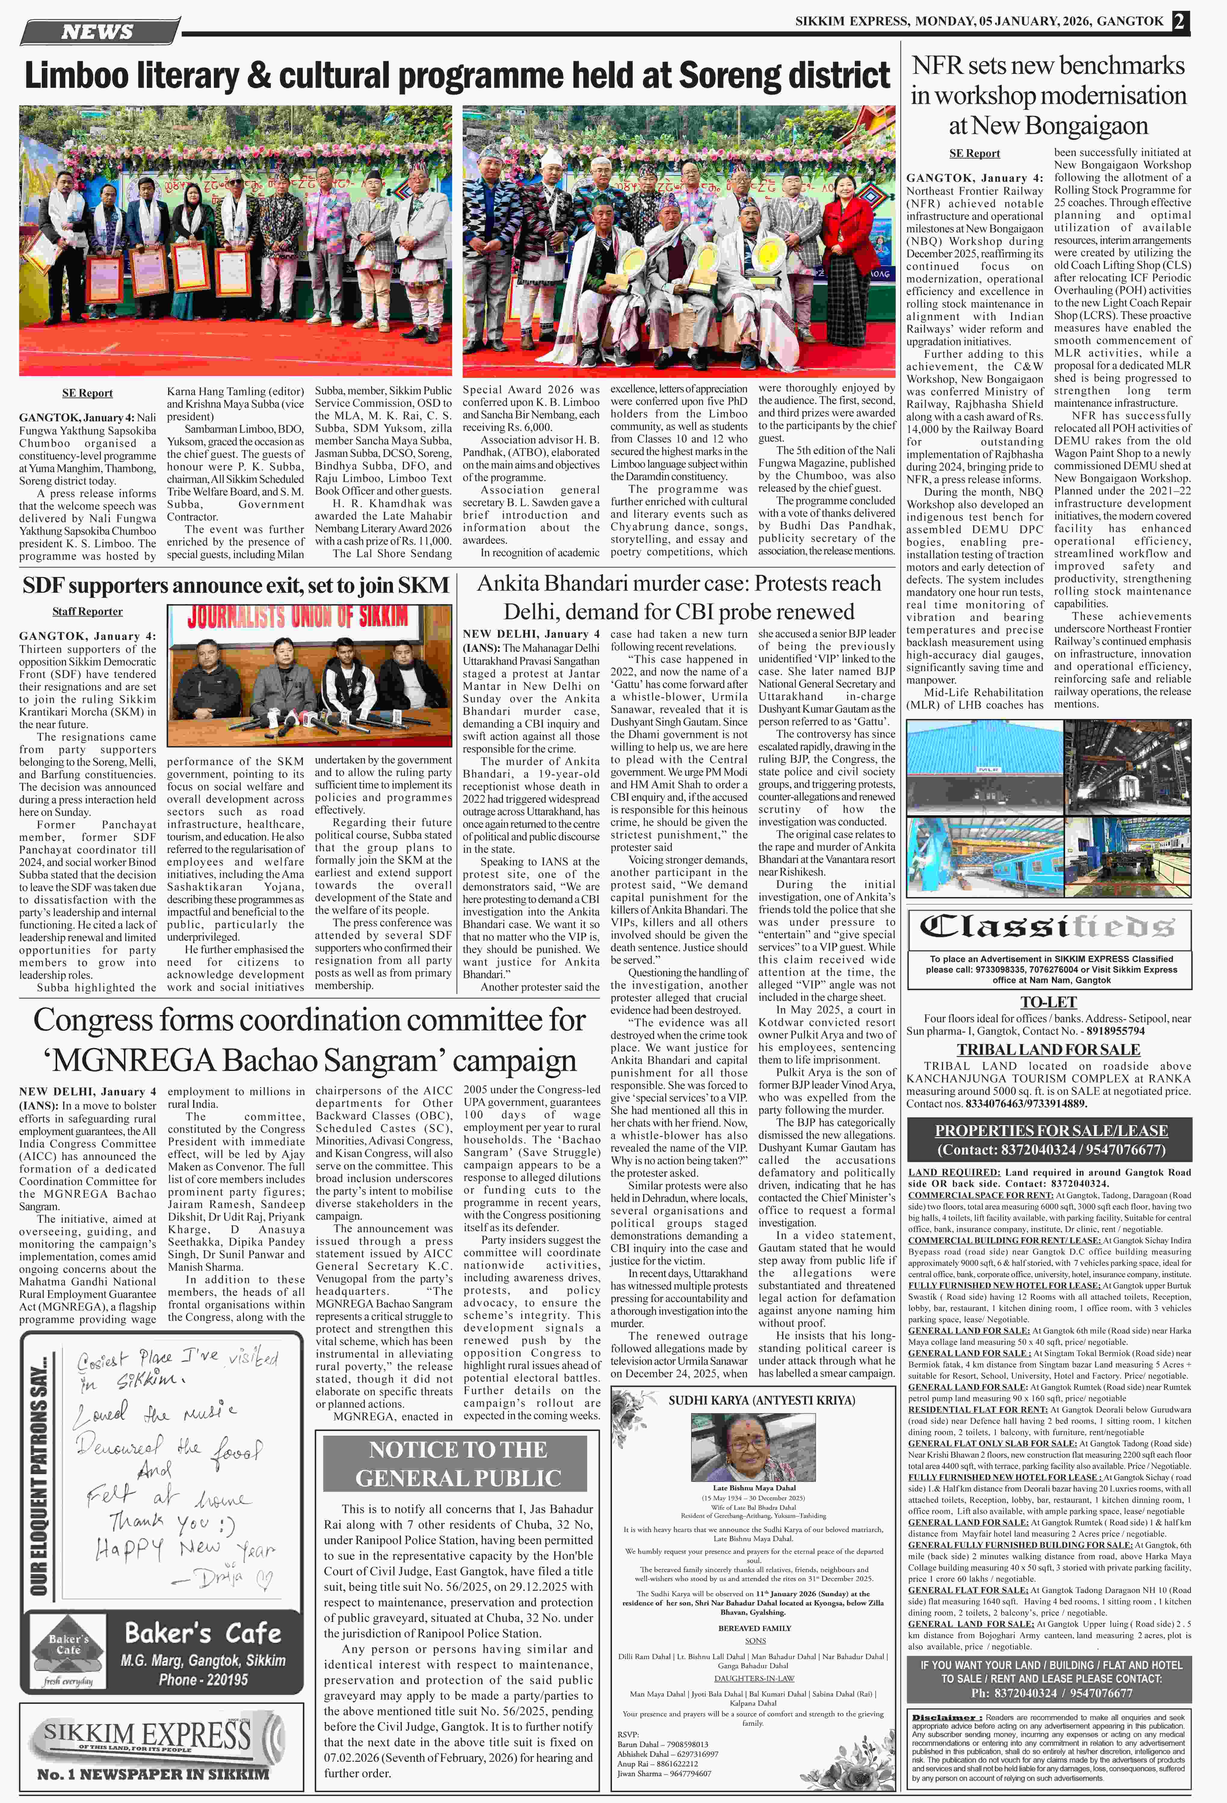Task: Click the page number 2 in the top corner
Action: coord(1180,22)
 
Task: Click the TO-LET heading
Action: coord(1048,1002)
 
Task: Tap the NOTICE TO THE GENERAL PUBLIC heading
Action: coord(458,1463)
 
